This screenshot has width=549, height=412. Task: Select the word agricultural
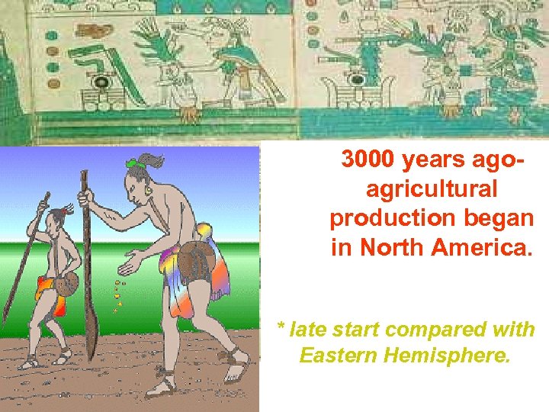click(432, 188)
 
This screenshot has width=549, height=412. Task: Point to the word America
click(486, 247)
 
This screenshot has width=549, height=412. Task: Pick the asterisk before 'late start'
click(281, 328)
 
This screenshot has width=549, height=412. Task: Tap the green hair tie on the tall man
click(136, 163)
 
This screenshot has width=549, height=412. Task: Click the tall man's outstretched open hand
click(131, 266)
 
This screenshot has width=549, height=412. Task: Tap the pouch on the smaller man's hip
click(66, 284)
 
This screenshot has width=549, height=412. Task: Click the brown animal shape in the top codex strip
click(97, 32)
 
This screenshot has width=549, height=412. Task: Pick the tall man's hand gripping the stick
click(85, 200)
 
